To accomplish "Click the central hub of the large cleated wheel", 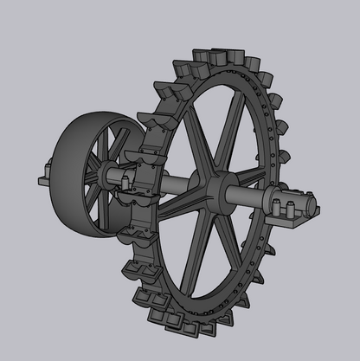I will click(x=215, y=189).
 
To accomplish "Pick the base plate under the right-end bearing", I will click(x=299, y=222).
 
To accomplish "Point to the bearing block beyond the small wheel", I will click(x=43, y=183).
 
